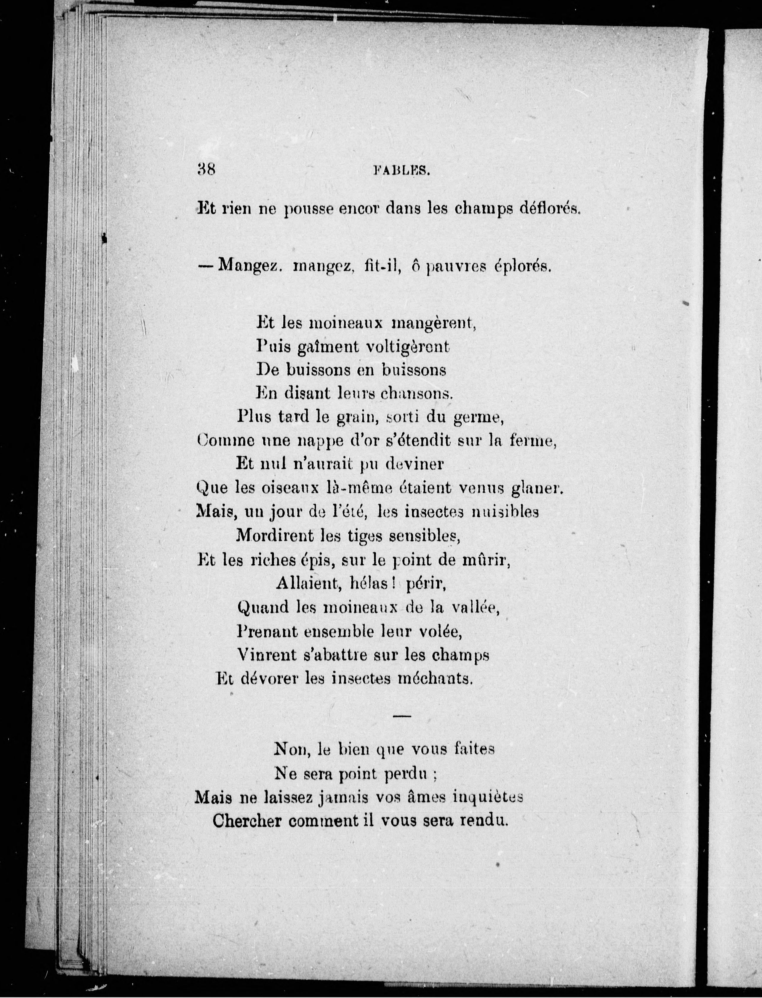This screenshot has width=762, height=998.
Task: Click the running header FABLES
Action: pyautogui.click(x=401, y=171)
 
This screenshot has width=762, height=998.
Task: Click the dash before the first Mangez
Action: pyautogui.click(x=205, y=266)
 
